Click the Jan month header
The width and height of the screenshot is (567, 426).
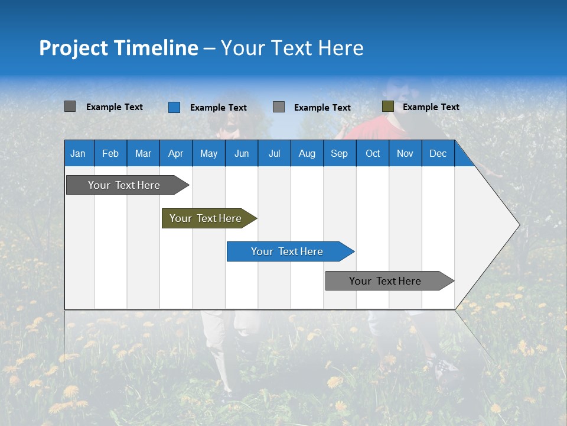click(78, 153)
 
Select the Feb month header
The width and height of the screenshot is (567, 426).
click(110, 153)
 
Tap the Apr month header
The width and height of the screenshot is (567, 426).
click(175, 153)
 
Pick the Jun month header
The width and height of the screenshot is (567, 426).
click(242, 153)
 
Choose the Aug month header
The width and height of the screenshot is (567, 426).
click(307, 153)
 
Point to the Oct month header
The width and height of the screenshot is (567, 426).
click(373, 153)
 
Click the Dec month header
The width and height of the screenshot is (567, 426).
click(438, 153)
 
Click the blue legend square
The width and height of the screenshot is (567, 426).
click(174, 107)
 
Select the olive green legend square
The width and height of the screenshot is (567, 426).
click(387, 106)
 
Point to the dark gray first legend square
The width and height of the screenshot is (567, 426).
click(70, 106)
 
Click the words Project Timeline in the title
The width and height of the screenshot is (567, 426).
click(119, 48)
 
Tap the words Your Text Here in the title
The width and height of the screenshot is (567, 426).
click(292, 48)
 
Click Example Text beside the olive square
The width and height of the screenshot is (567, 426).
click(431, 107)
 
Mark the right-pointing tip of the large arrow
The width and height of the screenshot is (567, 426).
click(519, 225)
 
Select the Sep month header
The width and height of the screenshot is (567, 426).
click(339, 153)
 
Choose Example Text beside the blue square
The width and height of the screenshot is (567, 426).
click(218, 108)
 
